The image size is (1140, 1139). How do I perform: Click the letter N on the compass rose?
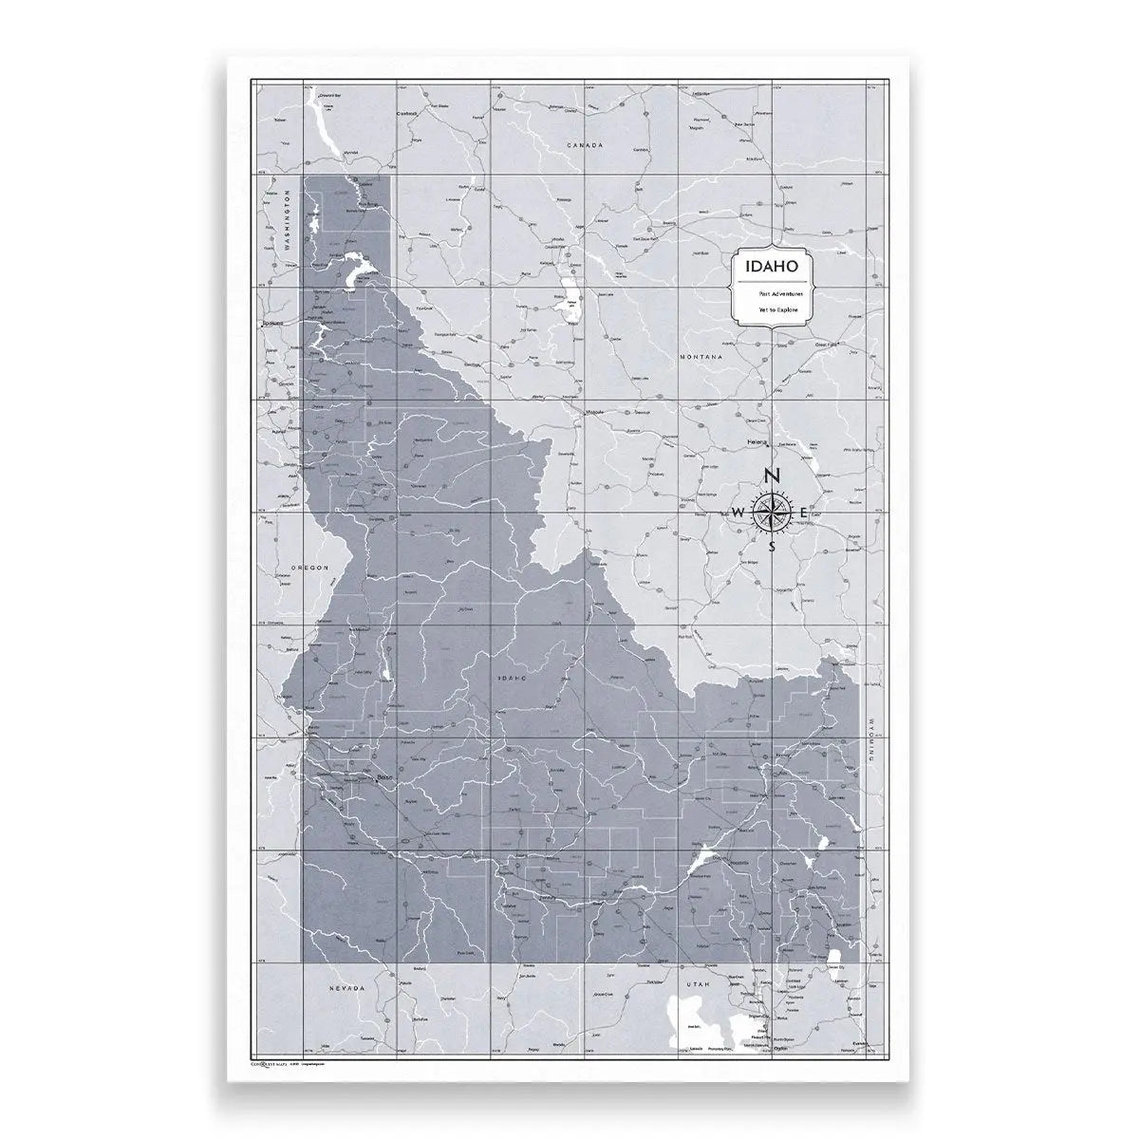(773, 477)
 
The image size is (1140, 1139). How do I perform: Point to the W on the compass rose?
(738, 513)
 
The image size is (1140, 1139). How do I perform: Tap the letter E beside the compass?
(804, 513)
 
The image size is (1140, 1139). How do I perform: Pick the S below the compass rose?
(773, 547)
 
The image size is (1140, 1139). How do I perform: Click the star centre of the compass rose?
(773, 513)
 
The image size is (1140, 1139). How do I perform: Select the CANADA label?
(584, 145)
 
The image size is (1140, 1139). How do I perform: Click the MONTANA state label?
(701, 357)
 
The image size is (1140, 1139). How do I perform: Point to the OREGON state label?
(309, 568)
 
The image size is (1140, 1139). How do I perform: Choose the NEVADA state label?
(347, 989)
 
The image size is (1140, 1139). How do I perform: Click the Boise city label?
(384, 779)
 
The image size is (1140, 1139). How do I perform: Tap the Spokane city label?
(272, 325)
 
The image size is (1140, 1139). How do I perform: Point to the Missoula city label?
(595, 413)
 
